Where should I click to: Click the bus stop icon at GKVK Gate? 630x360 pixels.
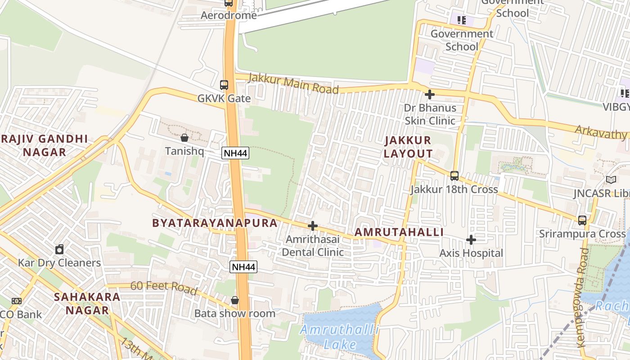[224, 85]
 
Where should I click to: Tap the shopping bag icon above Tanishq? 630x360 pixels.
[184, 137]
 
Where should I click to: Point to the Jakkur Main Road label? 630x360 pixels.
[293, 84]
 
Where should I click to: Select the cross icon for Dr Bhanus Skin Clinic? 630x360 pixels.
[430, 94]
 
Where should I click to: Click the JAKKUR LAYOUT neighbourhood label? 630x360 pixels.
[408, 147]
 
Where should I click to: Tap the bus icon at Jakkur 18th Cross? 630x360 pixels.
[454, 176]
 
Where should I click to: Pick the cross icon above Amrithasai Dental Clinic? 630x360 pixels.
[313, 226]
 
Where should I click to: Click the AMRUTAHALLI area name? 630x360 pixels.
[399, 232]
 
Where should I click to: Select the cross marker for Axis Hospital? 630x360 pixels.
[471, 240]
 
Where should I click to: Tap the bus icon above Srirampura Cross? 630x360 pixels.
[582, 220]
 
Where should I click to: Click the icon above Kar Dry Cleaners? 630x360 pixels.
[59, 249]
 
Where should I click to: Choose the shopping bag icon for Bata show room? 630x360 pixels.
[235, 300]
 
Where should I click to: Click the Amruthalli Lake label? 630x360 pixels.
[340, 337]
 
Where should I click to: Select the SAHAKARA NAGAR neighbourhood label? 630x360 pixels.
[87, 303]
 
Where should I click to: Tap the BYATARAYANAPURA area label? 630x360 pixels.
[215, 223]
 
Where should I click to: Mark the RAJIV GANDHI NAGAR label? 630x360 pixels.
[45, 145]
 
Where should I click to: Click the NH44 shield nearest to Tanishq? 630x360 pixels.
[235, 153]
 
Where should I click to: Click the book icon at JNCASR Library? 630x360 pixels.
[611, 180]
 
